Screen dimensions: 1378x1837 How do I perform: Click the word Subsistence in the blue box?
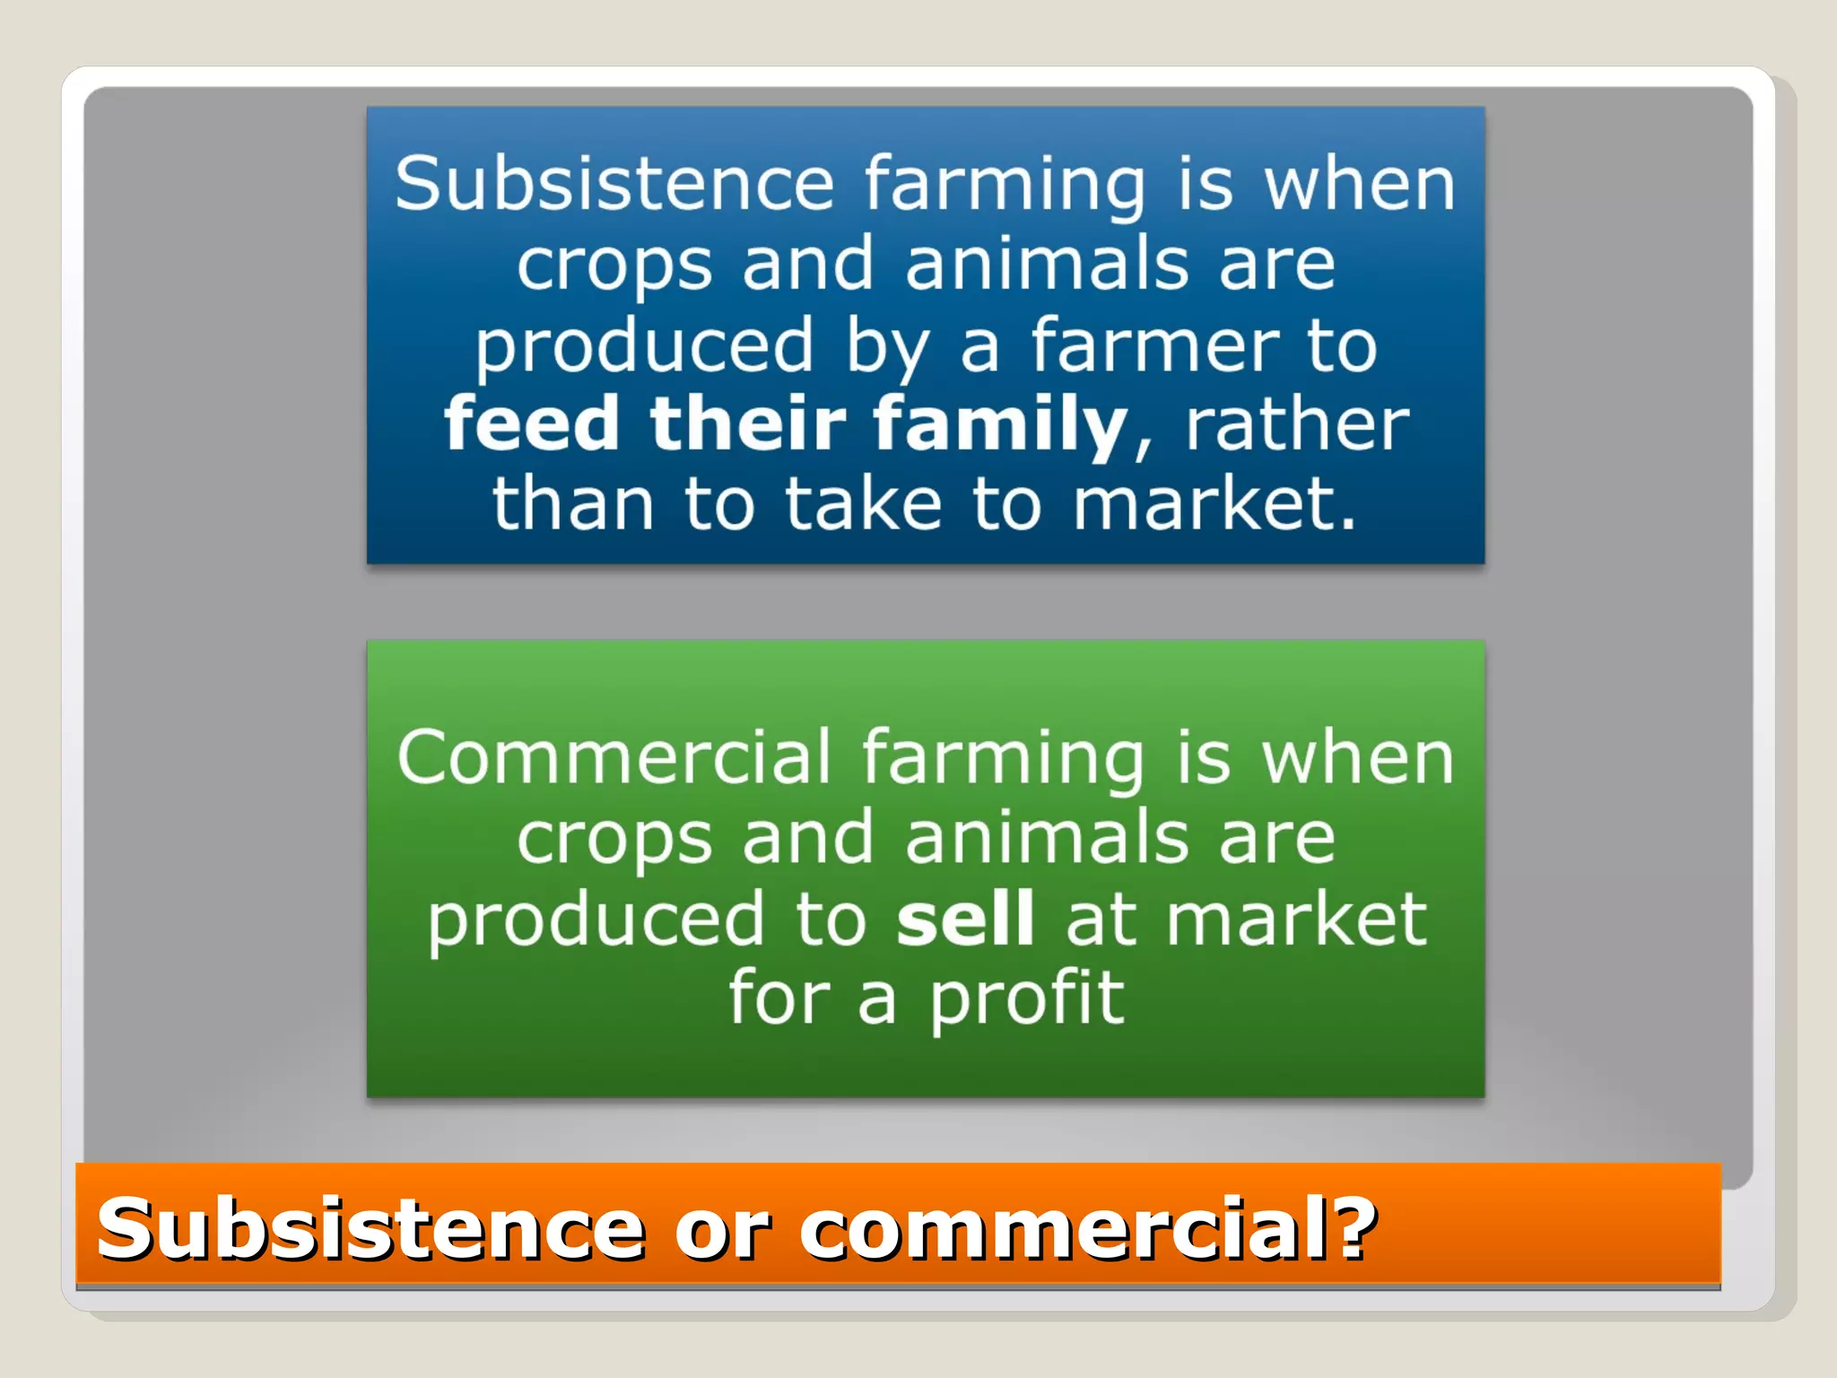pos(614,184)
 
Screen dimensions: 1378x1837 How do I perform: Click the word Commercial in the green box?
pos(614,758)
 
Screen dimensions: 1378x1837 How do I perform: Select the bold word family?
pos(999,424)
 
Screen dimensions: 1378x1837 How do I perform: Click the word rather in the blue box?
pos(1297,424)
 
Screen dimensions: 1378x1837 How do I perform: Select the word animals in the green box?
pos(1047,839)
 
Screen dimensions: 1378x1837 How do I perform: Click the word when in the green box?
pos(1357,758)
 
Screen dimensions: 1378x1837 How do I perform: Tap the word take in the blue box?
pos(864,504)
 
